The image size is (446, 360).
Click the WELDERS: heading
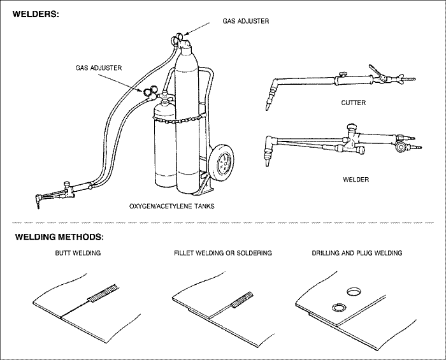tap(36, 13)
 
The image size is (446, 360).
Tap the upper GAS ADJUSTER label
tap(246, 21)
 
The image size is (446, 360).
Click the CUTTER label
tap(353, 103)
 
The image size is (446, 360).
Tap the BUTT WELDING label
tap(77, 253)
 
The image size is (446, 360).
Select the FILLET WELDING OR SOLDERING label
tap(223, 253)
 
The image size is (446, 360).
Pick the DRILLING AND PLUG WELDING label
tap(357, 253)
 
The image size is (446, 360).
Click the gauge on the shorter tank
tap(149, 92)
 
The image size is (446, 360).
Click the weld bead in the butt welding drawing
tap(101, 296)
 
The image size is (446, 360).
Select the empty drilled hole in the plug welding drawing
tap(352, 292)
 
